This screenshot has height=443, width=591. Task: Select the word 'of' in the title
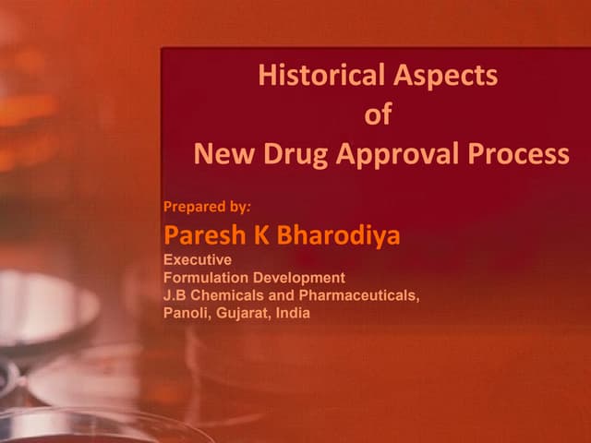tap(379, 115)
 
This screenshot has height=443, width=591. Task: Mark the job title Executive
tap(198, 260)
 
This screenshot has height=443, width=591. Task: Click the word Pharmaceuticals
tap(356, 295)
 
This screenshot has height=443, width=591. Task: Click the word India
tap(293, 313)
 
